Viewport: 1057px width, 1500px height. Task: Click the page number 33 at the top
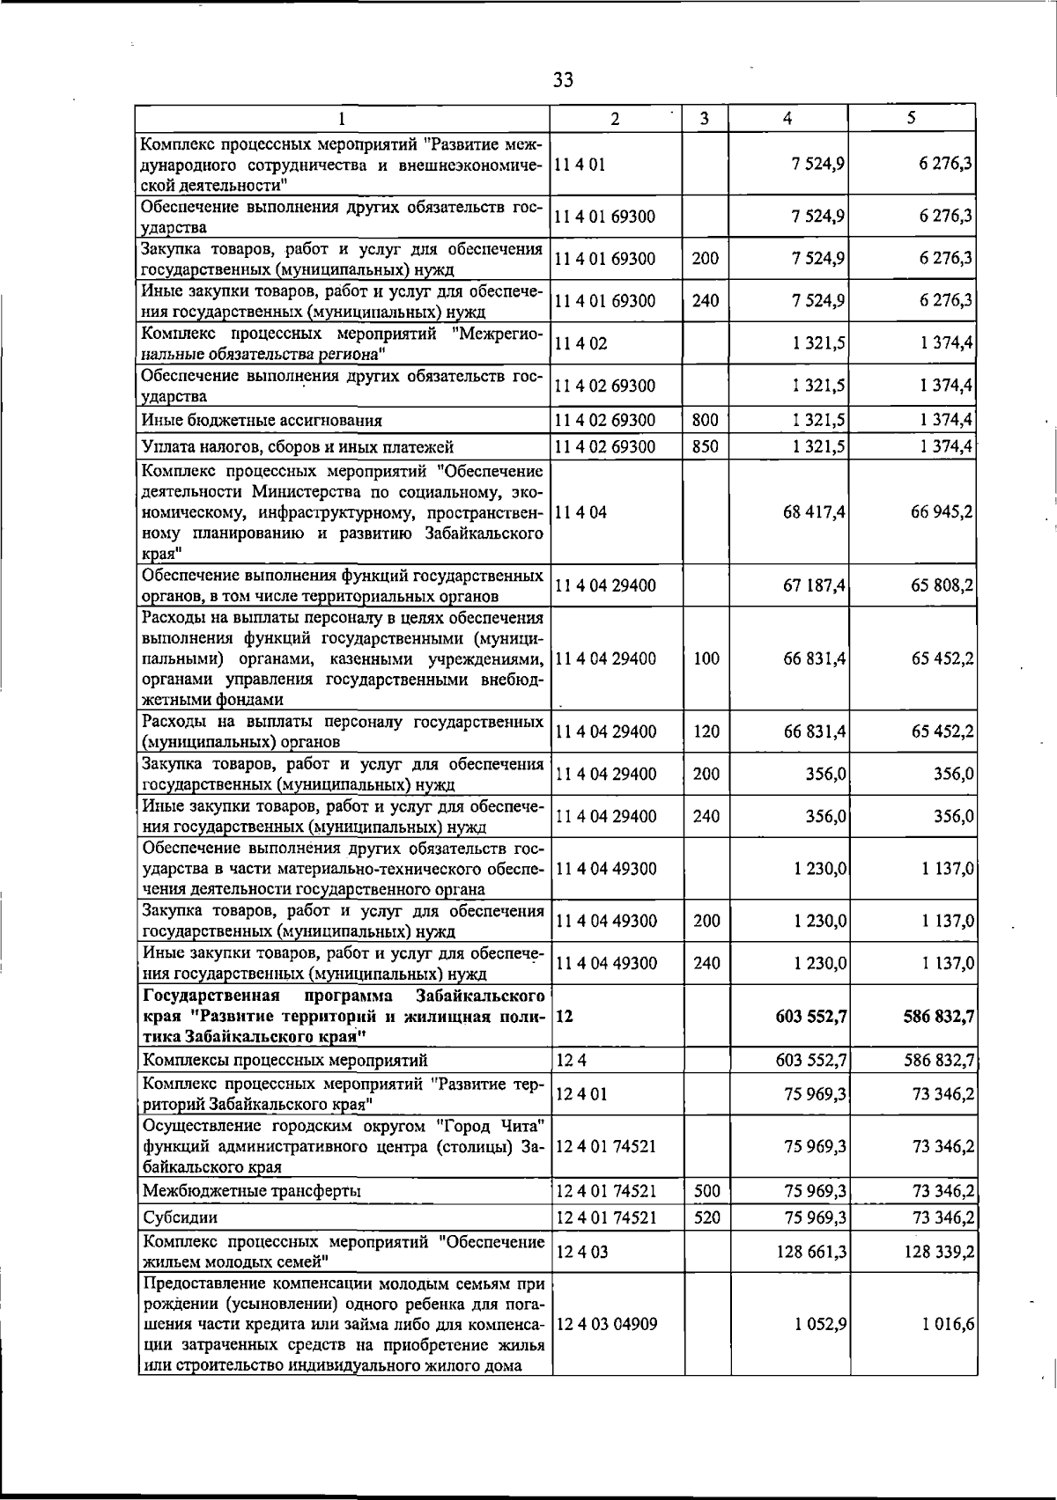(x=563, y=81)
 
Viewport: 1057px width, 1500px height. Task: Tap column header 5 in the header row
(x=912, y=118)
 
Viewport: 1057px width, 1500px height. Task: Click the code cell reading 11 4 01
(x=580, y=164)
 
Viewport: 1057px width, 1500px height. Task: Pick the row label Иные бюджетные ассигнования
(x=262, y=421)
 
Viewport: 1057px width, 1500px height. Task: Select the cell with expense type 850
(x=706, y=446)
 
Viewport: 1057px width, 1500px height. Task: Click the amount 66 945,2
(x=942, y=512)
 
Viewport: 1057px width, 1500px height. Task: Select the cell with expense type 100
(x=706, y=658)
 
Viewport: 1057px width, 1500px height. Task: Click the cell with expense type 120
(x=706, y=732)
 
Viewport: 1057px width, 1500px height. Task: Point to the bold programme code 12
(x=565, y=1016)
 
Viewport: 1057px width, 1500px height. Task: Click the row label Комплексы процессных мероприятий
(x=285, y=1060)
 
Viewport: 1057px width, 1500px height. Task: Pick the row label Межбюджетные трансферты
(x=253, y=1191)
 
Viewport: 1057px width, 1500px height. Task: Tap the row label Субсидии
(x=180, y=1217)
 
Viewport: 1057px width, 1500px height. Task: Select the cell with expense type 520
(x=706, y=1217)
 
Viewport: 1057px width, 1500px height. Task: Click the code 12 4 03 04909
(x=607, y=1324)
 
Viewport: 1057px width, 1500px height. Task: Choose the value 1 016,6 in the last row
(x=948, y=1324)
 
